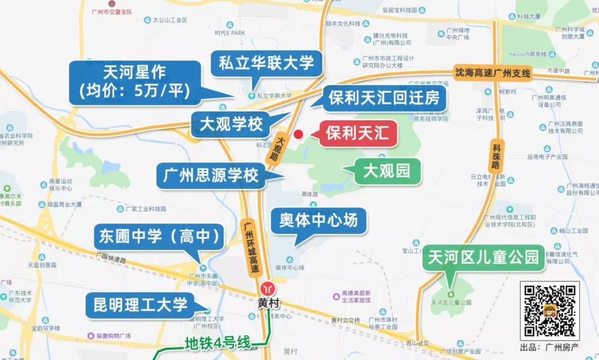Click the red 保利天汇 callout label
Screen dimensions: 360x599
(358, 134)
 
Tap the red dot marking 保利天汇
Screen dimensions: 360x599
(298, 134)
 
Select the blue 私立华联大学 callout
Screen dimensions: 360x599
(266, 63)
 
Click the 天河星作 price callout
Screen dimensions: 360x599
(135, 82)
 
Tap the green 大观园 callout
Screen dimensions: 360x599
(387, 170)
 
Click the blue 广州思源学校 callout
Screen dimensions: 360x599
(211, 175)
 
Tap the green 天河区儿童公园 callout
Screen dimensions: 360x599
(483, 257)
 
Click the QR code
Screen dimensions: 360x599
(549, 310)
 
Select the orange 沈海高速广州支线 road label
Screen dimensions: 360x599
(493, 72)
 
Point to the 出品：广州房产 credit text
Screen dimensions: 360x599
(549, 347)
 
